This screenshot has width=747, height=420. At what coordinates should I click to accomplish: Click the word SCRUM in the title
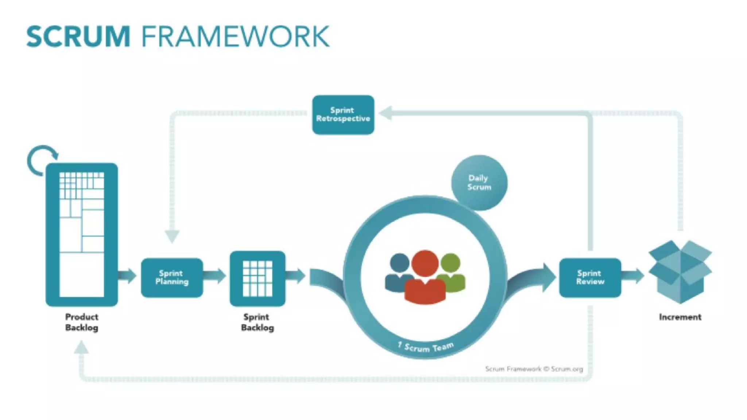(x=78, y=36)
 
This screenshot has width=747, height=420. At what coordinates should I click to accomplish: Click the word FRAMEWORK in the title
(x=236, y=36)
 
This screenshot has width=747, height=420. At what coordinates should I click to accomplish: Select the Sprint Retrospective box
(x=343, y=115)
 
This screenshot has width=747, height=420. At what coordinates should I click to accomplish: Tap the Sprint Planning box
(x=172, y=277)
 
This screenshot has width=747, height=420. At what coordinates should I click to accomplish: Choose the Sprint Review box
(x=590, y=277)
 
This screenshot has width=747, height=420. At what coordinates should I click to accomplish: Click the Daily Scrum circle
(x=479, y=183)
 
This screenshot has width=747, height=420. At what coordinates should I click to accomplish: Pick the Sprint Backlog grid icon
(x=258, y=279)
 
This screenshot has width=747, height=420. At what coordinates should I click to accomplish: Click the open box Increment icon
(x=680, y=271)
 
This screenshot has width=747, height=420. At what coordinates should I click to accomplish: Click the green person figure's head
(x=450, y=263)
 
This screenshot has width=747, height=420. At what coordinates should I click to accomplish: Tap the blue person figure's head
(x=399, y=263)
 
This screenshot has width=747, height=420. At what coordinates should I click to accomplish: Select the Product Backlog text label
(x=82, y=322)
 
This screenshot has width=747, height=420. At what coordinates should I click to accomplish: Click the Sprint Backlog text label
(x=257, y=322)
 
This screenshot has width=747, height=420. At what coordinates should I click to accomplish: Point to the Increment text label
(x=680, y=317)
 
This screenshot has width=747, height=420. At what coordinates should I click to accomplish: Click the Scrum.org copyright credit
(x=534, y=369)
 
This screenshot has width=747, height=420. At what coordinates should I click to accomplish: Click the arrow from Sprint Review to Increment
(x=633, y=276)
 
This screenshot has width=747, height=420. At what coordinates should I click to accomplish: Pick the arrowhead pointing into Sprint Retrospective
(x=386, y=113)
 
